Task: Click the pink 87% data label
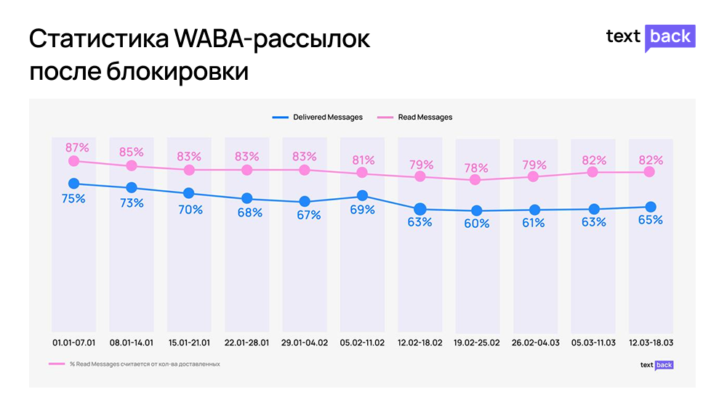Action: [x=73, y=148]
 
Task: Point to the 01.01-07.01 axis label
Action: [x=73, y=342]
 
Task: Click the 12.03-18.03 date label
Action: [x=651, y=342]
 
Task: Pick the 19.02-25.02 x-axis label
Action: [x=477, y=342]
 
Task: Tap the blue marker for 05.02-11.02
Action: [x=362, y=195]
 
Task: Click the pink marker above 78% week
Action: [x=475, y=179]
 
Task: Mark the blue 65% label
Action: [x=651, y=220]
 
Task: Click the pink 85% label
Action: [x=132, y=152]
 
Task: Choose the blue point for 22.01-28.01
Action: [x=247, y=198]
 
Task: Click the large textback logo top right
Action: [x=651, y=37]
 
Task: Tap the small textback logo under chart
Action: [x=656, y=365]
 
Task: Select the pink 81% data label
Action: [x=363, y=160]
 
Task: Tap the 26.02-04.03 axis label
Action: [x=535, y=342]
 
